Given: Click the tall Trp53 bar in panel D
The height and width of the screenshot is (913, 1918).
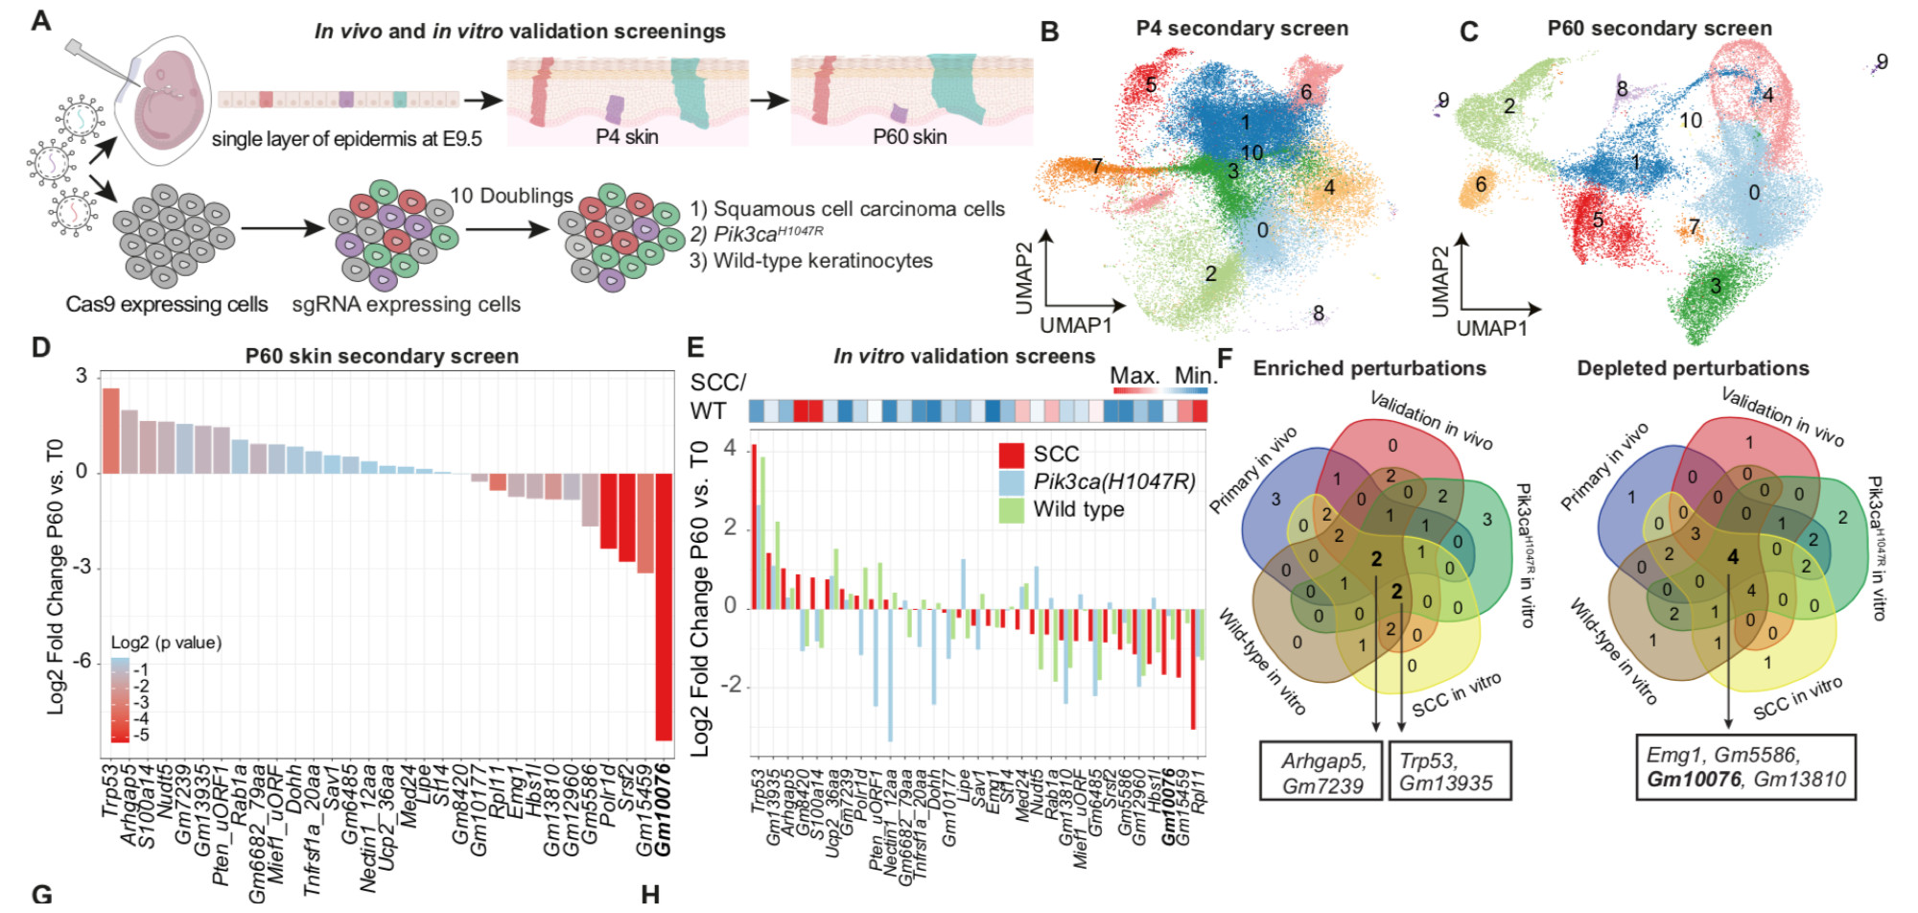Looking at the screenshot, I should [x=111, y=431].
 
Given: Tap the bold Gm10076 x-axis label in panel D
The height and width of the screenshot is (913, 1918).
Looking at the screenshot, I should [x=663, y=808].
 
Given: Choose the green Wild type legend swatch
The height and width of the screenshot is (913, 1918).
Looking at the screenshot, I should [x=1012, y=509].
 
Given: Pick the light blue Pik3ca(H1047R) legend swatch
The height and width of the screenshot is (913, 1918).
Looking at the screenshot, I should [x=1012, y=482].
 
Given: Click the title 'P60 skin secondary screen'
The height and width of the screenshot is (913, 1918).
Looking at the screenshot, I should [x=382, y=356].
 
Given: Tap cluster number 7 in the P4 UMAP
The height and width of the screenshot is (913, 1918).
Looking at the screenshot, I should [x=1096, y=166].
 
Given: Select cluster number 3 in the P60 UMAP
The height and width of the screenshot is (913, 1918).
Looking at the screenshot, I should [x=1715, y=286].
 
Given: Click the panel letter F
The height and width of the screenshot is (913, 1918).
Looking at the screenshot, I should [x=1225, y=360].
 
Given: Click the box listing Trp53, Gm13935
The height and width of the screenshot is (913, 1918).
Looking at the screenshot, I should [x=1449, y=771].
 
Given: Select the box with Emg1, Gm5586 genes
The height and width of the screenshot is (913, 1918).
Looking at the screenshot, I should [x=1745, y=767].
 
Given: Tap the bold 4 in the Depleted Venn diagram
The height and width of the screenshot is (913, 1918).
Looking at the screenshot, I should [x=1732, y=557].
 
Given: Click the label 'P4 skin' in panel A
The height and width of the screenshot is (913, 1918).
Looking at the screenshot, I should [x=626, y=136].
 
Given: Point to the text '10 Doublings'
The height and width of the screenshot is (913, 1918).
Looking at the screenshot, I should [x=511, y=196].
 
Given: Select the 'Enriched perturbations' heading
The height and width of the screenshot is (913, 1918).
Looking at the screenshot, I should [x=1368, y=368].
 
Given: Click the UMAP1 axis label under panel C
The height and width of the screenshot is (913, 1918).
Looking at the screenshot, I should [x=1491, y=328].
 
